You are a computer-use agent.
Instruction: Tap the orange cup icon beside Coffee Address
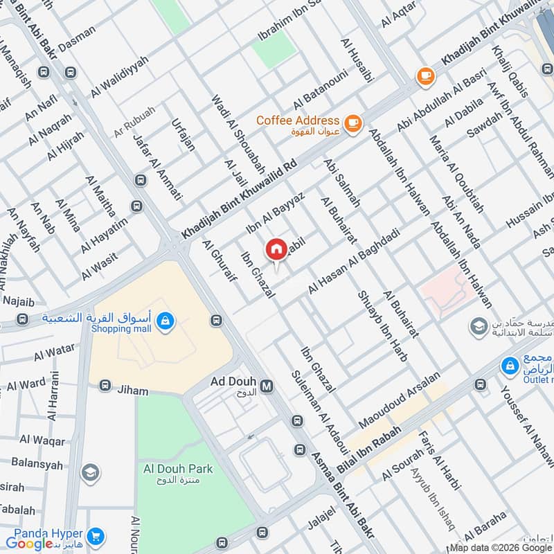(353, 123)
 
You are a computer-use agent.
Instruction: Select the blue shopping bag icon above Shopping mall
(165, 320)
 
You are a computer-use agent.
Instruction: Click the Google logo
(29, 543)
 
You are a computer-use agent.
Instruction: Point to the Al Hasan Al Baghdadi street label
(355, 262)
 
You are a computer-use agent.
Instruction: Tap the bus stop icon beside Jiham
(105, 385)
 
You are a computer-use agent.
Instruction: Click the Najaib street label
(17, 302)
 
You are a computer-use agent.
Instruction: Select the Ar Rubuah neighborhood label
(135, 114)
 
